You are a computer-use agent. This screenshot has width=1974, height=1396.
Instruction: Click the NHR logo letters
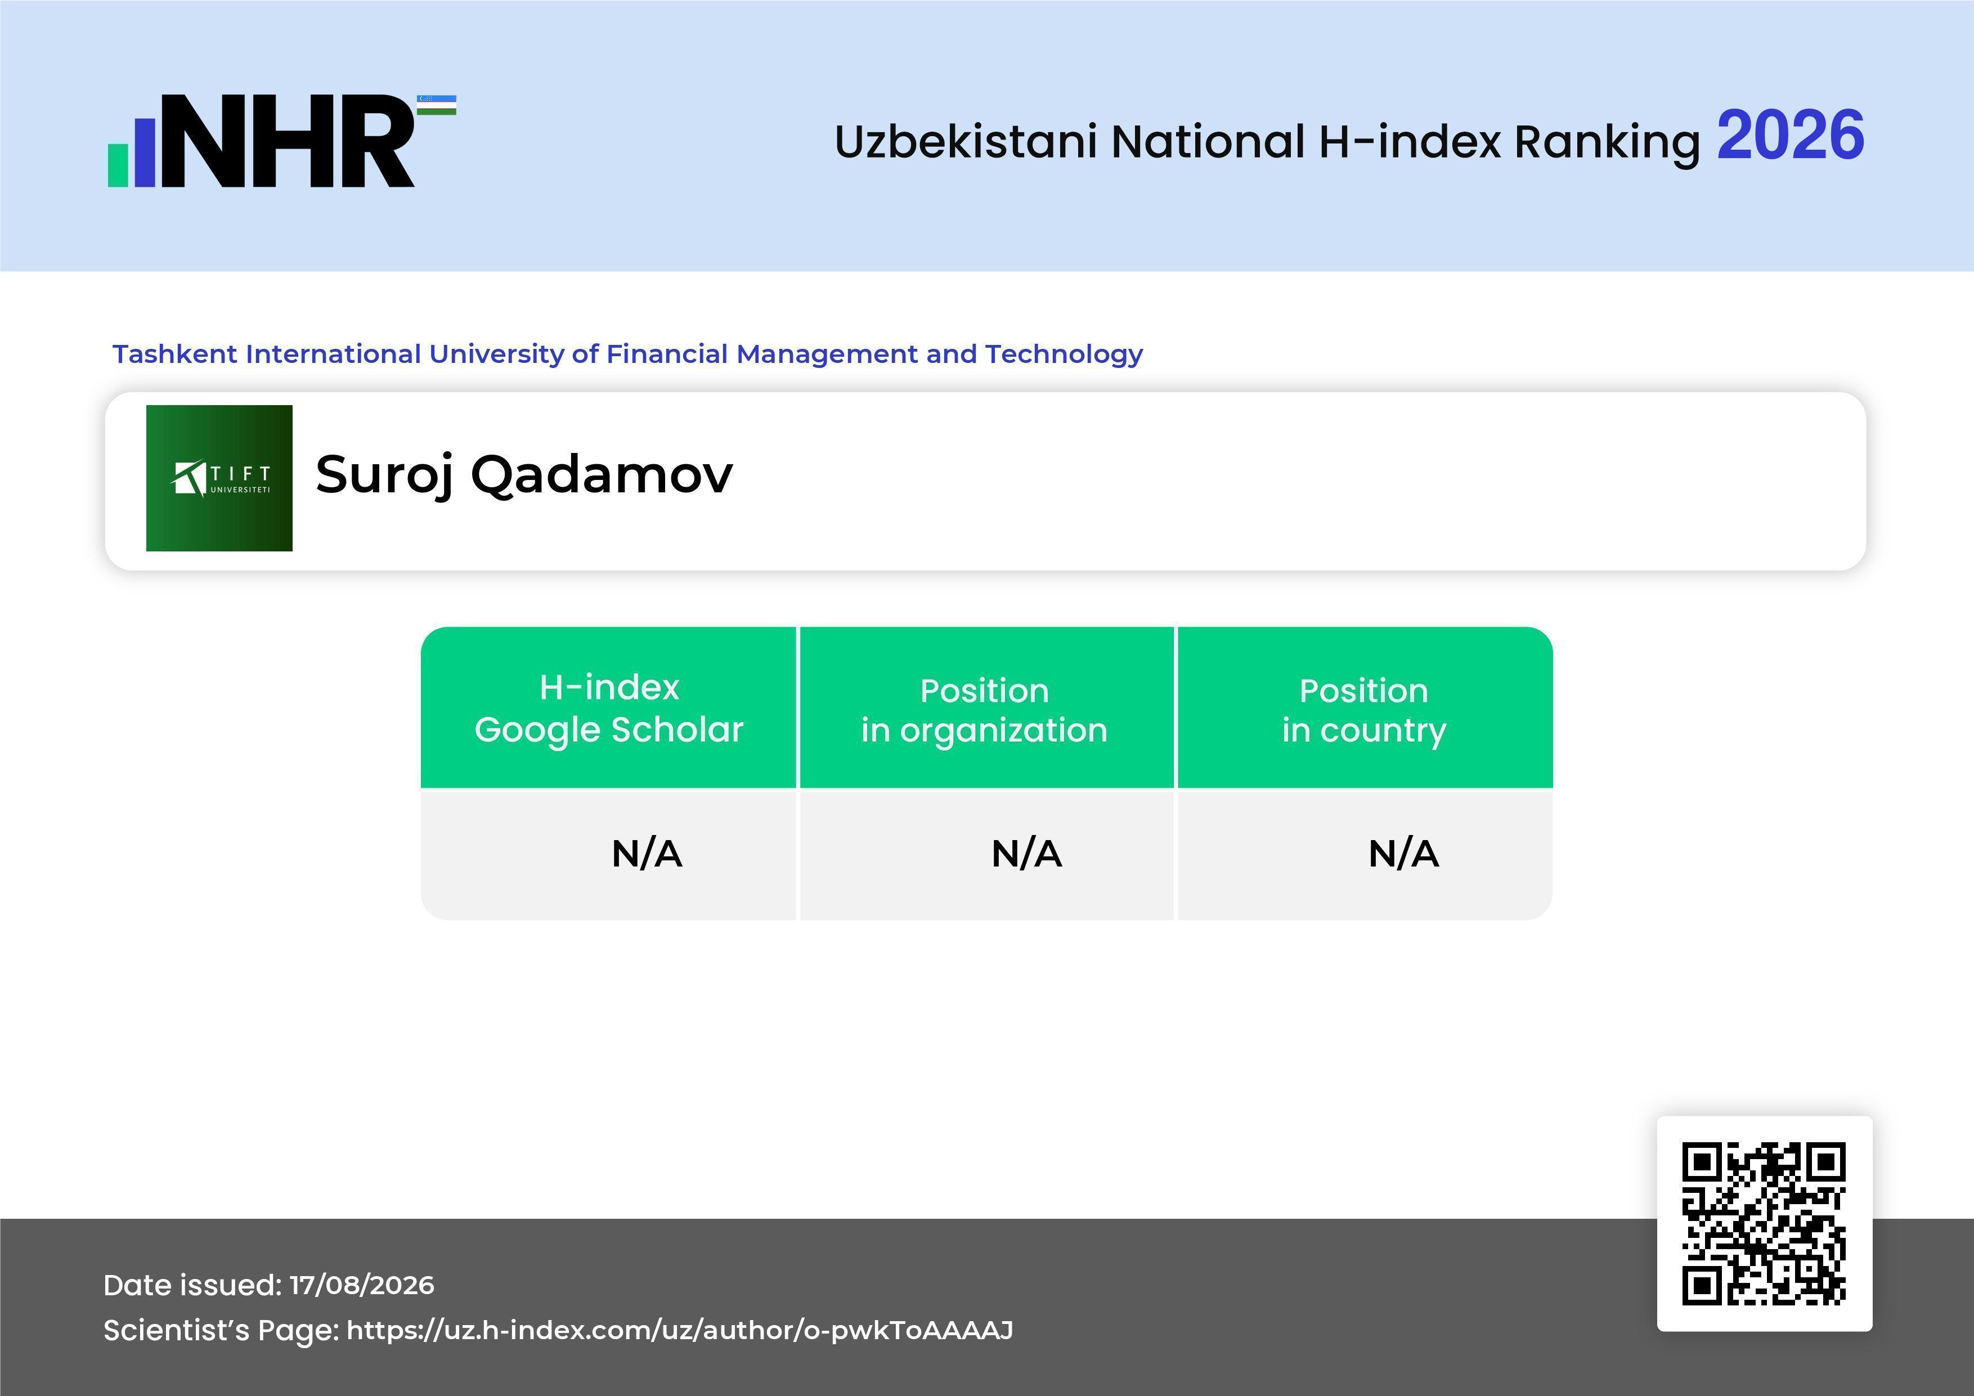click(x=287, y=141)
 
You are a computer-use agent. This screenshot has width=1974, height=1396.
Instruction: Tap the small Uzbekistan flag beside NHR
click(x=437, y=105)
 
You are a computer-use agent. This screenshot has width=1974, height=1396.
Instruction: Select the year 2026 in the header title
click(x=1790, y=136)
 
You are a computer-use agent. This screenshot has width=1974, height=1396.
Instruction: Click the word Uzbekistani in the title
click(x=966, y=141)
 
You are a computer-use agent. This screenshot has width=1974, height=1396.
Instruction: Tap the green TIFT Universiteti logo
click(x=219, y=478)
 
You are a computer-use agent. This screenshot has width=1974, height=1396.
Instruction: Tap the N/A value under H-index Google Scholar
click(x=647, y=854)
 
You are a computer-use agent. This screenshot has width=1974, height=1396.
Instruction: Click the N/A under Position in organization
click(x=1026, y=854)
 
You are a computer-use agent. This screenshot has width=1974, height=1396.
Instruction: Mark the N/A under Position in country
click(x=1403, y=854)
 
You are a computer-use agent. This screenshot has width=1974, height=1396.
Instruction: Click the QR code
click(x=1764, y=1224)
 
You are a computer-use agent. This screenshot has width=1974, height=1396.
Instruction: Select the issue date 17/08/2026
click(x=362, y=1285)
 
